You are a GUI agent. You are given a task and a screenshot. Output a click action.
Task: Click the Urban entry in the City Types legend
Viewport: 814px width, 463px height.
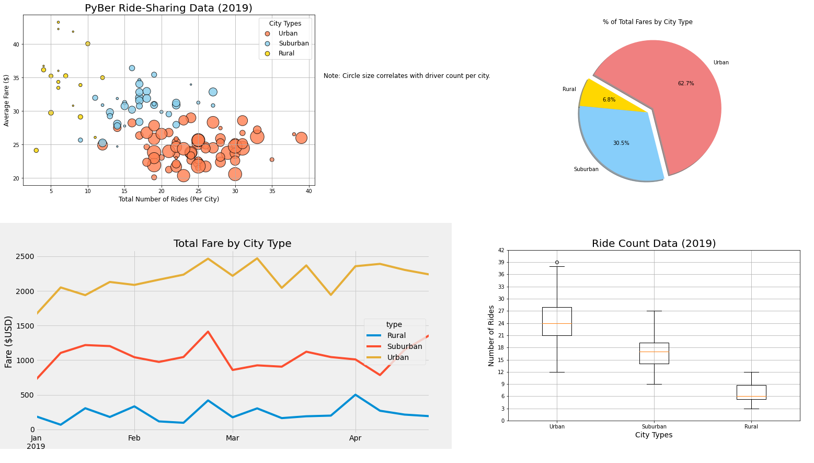pos(288,33)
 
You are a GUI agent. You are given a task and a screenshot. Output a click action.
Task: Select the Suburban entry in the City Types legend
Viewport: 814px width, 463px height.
pos(293,43)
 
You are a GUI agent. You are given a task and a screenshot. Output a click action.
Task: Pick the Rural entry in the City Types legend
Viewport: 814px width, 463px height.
pos(286,53)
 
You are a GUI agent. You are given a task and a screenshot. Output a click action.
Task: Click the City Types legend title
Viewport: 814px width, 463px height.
pos(285,24)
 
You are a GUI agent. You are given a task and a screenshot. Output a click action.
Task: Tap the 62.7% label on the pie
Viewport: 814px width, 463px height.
pos(685,84)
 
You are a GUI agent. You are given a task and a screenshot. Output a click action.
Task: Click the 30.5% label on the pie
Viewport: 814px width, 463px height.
pos(621,143)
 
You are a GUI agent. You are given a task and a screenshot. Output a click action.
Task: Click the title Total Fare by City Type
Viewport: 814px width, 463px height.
pos(232,244)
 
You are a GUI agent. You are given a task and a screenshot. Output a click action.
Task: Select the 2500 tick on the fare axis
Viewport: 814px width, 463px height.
pos(25,257)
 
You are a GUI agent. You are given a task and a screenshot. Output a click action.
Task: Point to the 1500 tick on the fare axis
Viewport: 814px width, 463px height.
pos(25,326)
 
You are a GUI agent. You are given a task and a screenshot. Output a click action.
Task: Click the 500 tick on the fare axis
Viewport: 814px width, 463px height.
pos(27,395)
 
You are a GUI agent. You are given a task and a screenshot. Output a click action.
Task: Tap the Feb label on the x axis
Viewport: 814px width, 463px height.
pos(134,438)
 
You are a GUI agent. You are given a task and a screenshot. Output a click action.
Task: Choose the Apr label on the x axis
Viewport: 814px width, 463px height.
pos(356,438)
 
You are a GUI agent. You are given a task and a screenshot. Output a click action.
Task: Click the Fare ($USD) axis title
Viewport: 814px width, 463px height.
pos(9,341)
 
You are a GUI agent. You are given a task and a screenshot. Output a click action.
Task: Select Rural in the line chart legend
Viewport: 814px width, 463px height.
pos(396,335)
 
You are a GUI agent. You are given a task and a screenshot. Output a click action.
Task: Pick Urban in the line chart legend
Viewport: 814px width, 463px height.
pos(398,357)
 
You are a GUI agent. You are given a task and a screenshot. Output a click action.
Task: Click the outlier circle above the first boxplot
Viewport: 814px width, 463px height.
pos(557,262)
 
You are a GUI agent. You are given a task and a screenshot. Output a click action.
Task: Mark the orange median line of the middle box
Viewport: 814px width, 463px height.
pos(654,352)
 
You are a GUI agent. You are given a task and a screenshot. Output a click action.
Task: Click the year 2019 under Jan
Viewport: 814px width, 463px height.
pos(36,446)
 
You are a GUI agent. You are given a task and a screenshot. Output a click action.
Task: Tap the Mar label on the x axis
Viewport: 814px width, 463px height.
pos(232,438)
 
